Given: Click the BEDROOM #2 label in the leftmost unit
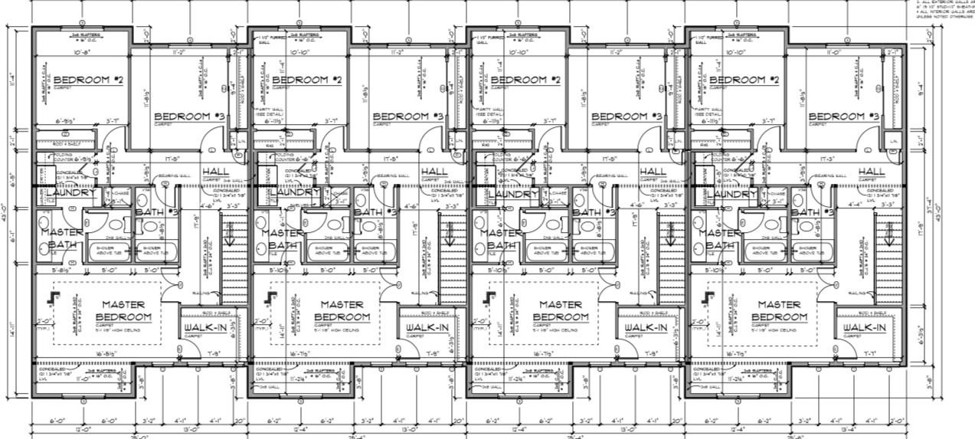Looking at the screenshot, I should pos(88,80).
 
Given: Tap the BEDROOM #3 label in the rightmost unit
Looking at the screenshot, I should pos(844,116).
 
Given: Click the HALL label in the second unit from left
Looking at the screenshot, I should pos(434,171).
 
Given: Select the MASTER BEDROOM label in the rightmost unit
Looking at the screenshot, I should pos(778,310).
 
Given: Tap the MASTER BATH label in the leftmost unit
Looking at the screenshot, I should pos(62,238).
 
